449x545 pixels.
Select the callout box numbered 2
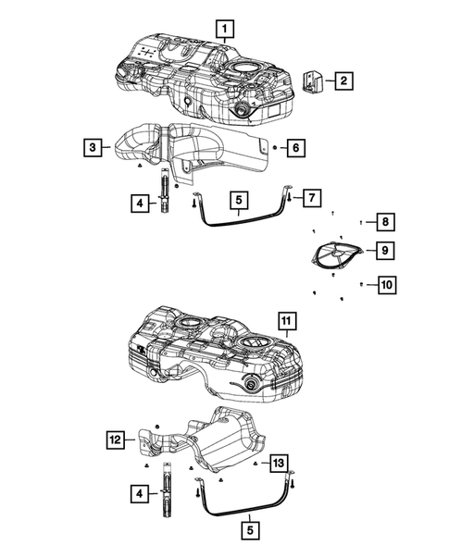[343, 81]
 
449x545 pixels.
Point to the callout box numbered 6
[294, 147]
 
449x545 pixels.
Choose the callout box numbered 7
[312, 197]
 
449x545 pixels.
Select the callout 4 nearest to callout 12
[138, 496]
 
